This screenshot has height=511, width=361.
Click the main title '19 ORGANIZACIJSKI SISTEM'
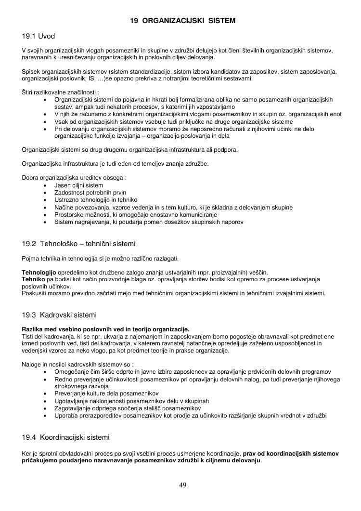pos(183,21)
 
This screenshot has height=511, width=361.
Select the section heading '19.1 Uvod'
pos(39,37)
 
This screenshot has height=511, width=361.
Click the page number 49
pos(182,485)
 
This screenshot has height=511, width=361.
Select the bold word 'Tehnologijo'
pos(39,272)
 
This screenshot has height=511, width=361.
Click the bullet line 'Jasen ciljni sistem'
pos(78,185)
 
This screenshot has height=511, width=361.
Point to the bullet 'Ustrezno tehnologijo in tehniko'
pos(96,199)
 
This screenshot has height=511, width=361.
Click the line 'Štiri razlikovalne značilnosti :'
pos(61,92)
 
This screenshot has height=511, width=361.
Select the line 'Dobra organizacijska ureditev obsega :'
pos(70,177)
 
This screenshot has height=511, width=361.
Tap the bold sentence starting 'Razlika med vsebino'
pos(105,329)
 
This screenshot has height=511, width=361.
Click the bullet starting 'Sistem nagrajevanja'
pos(149,222)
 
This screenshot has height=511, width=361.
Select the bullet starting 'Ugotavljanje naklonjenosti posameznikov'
pos(131,401)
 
